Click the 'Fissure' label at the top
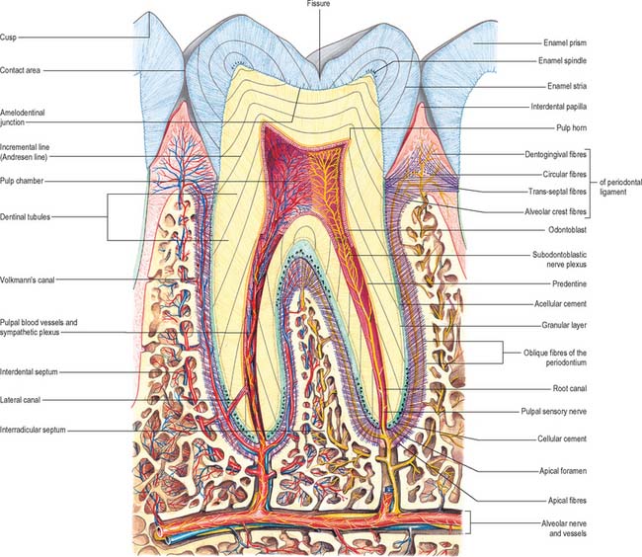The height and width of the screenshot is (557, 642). pos(318,4)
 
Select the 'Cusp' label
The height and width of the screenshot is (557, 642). pos(8,38)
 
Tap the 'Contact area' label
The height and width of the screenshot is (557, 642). pos(20,70)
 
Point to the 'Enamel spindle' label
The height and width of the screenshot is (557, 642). pos(562,61)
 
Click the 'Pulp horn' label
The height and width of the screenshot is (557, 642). pos(571,128)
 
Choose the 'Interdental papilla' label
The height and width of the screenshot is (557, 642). pos(558,107)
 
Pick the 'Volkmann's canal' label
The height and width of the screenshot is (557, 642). pos(27,280)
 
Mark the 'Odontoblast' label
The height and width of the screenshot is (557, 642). pos(568,230)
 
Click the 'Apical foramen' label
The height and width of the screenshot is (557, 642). pos(563,471)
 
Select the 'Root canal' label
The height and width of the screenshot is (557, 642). pos(570,388)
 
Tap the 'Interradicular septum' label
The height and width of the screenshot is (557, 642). pos(33,431)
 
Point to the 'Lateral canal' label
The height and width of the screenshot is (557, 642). pos(20,400)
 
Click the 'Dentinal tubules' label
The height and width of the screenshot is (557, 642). pos(25,217)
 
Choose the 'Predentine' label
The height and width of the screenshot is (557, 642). pos(569,284)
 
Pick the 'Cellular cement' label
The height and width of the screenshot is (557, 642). pos(562,438)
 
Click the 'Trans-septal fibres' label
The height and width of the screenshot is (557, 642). pos(557,192)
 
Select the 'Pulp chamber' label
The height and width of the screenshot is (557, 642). pos(22,181)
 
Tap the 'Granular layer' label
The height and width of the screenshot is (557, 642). pos(564,325)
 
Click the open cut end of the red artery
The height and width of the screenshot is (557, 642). pos(158,531)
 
